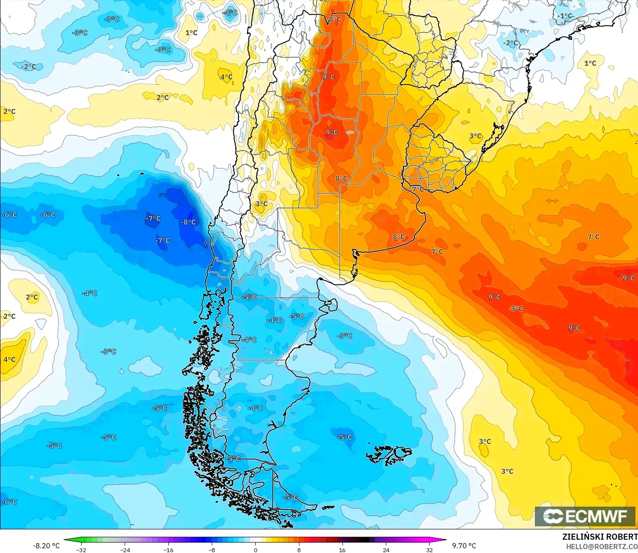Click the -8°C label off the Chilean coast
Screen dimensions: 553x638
click(189, 222)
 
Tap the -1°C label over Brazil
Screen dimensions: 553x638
click(565, 16)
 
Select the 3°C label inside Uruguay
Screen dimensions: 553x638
click(475, 136)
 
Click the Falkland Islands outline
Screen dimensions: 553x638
click(389, 455)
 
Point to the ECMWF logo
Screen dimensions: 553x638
click(585, 516)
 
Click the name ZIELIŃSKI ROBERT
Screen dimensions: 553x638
click(600, 537)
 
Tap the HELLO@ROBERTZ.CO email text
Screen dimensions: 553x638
click(601, 547)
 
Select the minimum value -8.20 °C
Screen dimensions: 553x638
click(46, 546)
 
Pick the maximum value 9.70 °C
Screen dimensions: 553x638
click(464, 546)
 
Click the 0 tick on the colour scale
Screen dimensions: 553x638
click(256, 550)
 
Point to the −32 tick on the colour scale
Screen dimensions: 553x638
click(81, 550)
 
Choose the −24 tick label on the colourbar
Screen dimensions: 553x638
click(125, 550)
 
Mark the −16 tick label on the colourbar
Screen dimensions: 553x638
click(168, 550)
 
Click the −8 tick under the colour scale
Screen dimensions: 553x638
click(212, 550)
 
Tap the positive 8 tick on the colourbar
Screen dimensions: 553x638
click(299, 550)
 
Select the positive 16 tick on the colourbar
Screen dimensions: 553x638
click(342, 550)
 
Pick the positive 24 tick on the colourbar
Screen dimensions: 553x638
click(386, 550)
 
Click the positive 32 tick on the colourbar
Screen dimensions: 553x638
click(430, 550)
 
